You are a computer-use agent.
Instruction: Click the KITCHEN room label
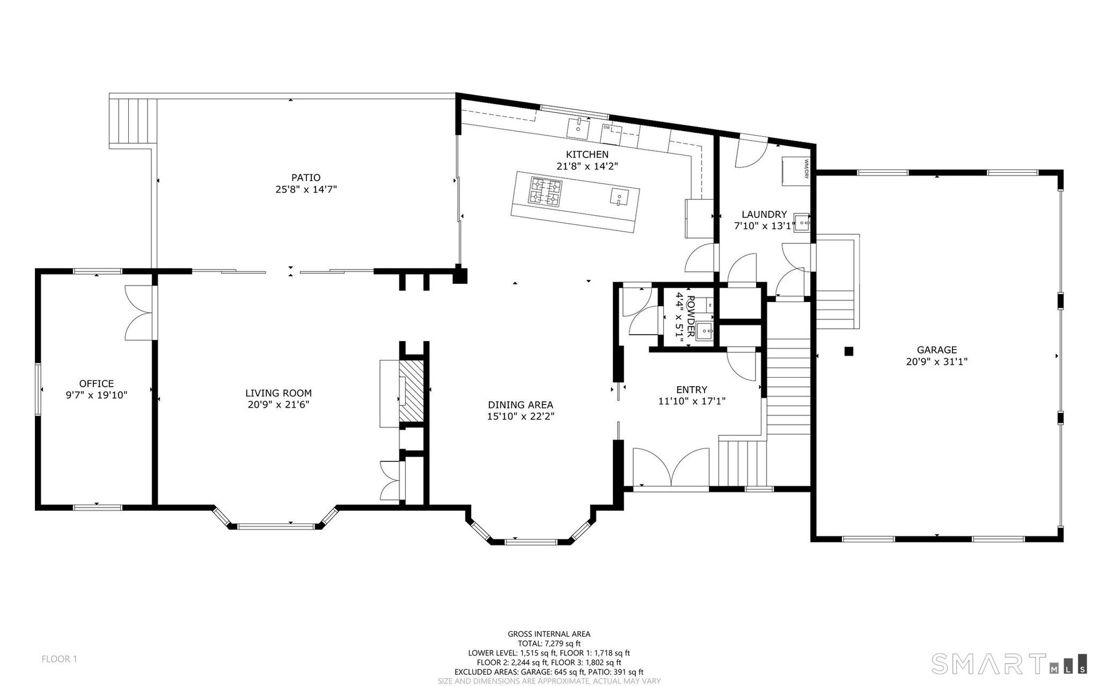(587, 154)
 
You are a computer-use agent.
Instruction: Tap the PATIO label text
(306, 178)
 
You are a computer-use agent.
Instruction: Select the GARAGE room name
(936, 350)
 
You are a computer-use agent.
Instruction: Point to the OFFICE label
(96, 384)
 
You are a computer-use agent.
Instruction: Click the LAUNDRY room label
(764, 215)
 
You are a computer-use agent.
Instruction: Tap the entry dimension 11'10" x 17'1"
(691, 402)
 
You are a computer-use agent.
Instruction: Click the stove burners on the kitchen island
(545, 192)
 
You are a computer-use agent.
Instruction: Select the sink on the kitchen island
(619, 197)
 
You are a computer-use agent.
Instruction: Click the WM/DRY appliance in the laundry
(794, 170)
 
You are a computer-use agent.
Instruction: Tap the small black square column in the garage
(849, 351)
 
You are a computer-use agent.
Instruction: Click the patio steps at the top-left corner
(133, 121)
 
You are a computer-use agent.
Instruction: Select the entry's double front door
(671, 467)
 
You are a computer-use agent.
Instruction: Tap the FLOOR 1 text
(60, 659)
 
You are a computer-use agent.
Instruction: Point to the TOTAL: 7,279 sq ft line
(549, 644)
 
